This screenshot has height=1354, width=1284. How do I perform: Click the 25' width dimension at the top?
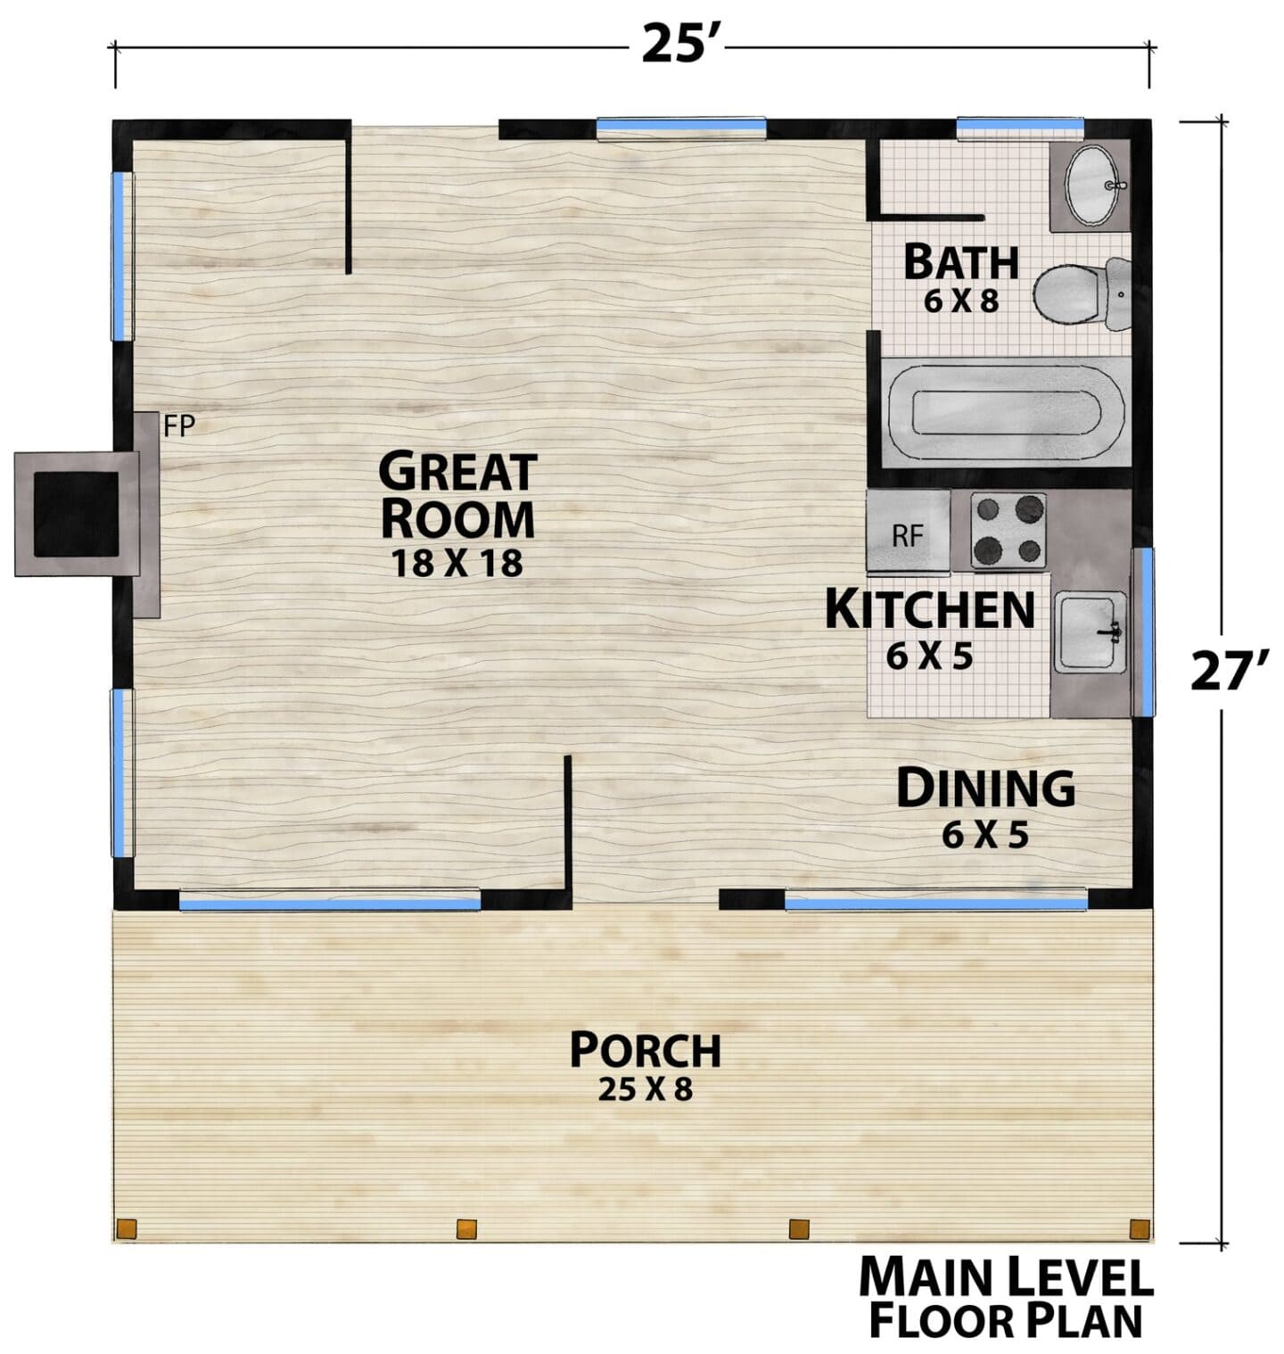(681, 45)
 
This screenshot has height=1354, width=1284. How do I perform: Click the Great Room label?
(457, 495)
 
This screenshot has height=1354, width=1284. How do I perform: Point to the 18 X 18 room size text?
(457, 563)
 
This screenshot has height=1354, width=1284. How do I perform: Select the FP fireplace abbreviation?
(179, 426)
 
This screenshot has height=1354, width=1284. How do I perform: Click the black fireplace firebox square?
(77, 513)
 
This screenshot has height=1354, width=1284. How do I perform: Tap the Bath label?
(960, 262)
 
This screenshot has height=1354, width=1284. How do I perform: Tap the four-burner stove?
(1008, 531)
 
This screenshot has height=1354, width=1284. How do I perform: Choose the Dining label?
(985, 788)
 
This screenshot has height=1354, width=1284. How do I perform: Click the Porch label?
(645, 1050)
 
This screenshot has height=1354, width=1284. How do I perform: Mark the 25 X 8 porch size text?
(645, 1089)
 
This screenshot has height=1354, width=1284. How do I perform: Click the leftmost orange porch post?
(128, 1228)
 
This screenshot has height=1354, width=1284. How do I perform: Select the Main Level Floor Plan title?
(1006, 1298)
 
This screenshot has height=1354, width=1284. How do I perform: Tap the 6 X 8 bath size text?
(960, 301)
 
